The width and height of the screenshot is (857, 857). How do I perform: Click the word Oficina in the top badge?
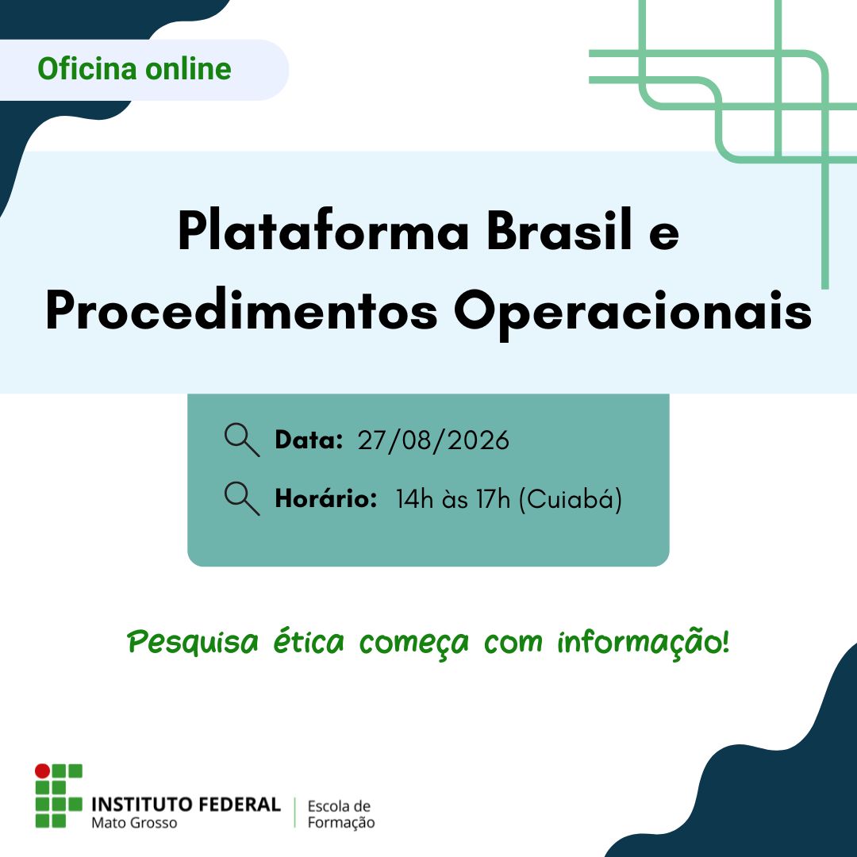(87, 69)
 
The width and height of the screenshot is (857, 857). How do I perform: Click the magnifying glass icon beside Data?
(242, 440)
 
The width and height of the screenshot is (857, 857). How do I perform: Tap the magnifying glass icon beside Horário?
(242, 498)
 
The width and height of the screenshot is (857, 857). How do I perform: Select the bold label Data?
(309, 440)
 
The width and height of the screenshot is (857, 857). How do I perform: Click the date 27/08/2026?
(433, 440)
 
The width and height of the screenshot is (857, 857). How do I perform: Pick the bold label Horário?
(326, 498)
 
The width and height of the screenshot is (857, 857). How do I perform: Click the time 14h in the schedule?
(414, 499)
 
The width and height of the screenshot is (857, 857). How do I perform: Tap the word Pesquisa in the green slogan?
(192, 642)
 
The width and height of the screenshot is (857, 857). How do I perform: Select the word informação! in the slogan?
(644, 642)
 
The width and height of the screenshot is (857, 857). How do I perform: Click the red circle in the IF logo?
(42, 771)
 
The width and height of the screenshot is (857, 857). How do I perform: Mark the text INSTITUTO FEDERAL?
(186, 805)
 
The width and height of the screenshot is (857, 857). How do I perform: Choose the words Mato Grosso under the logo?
(134, 823)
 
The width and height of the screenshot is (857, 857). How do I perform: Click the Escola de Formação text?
(341, 814)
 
